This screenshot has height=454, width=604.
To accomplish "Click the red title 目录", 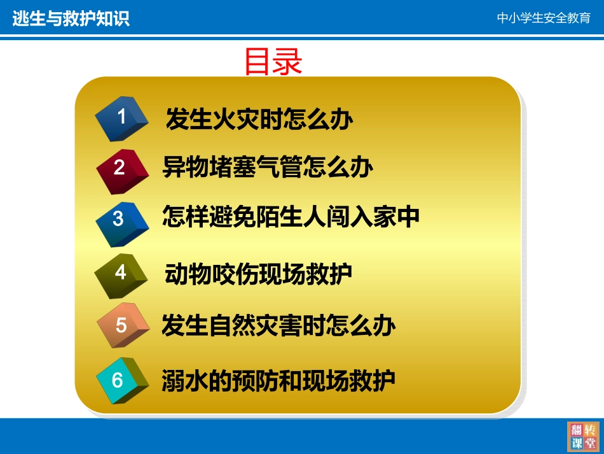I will pos(273,62).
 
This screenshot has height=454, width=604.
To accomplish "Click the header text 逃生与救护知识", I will pos(71,18).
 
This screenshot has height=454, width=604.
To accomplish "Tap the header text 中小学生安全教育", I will pos(544,18).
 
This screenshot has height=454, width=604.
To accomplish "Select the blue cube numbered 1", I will pos(121,118).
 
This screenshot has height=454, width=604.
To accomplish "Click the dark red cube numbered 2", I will pos(120,168).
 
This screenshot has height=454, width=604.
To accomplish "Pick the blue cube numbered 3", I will pos(119,220).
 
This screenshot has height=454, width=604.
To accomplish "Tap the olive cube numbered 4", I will pos(120,274).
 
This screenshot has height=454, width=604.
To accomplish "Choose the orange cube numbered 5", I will pos(121,326).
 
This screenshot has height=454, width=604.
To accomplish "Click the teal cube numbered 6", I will pos(119,381).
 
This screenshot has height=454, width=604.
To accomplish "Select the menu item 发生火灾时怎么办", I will pos(259,119).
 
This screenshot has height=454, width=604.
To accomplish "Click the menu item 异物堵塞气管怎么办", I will pos(268,167).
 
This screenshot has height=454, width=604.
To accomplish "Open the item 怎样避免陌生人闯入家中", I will pos(291,217).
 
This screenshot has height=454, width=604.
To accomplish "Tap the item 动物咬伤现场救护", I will pos(258,274).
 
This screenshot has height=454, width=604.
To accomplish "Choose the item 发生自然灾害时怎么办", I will pos(278,325).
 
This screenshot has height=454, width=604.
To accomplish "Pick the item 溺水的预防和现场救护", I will pos(278,380).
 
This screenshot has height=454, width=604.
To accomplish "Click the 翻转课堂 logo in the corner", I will pos(582,436).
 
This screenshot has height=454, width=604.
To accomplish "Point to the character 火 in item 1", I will pos(223,119).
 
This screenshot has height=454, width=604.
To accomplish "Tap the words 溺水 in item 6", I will pos(185,380).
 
